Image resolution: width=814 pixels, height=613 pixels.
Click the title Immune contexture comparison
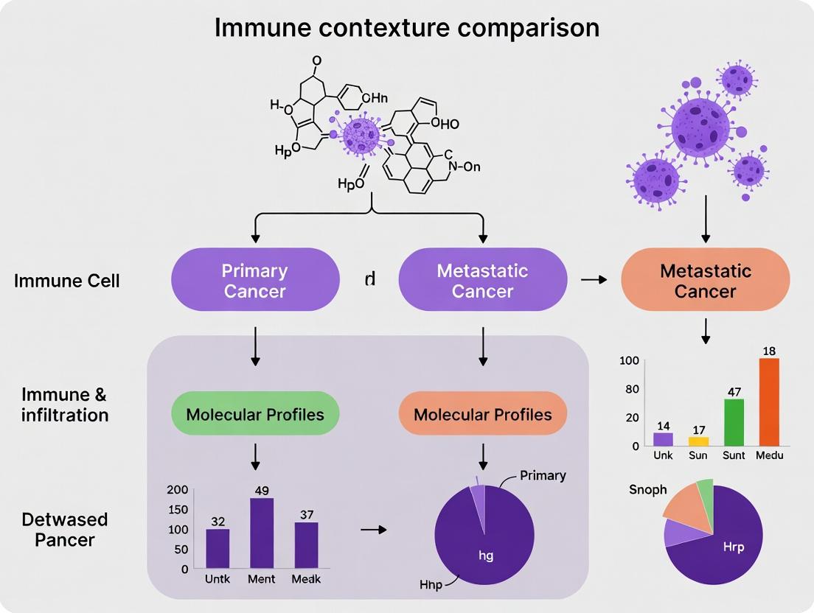407,27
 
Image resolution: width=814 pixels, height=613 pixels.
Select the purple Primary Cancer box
255,281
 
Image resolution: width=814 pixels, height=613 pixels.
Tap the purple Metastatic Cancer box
482,281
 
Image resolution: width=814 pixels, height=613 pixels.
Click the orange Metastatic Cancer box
706,281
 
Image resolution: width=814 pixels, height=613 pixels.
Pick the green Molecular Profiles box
255,414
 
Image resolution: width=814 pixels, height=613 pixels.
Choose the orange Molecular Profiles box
482,414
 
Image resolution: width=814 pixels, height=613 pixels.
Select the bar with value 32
218,548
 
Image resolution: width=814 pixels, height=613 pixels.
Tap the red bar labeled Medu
768,402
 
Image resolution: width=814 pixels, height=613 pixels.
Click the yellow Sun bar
698,441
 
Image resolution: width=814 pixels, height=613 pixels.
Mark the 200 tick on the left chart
178,490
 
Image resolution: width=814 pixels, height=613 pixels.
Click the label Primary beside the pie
543,475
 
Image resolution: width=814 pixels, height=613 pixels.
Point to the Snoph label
647,489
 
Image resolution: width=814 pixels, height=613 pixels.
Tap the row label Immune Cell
66,281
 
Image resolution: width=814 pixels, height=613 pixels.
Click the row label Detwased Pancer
64,529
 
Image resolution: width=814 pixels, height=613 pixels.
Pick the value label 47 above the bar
733,392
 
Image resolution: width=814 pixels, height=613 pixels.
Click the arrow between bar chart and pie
378,529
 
